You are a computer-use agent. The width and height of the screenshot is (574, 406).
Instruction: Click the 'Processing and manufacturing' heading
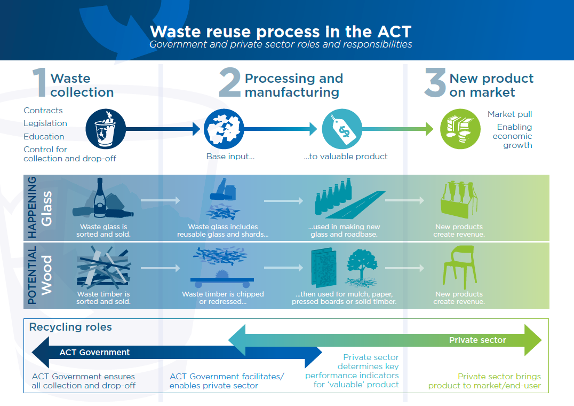(293, 85)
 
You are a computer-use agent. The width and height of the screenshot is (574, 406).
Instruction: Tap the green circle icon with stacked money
(457, 129)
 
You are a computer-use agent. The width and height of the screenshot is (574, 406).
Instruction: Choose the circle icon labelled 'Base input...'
(223, 129)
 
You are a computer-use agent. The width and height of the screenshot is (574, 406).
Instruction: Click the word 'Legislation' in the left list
(45, 123)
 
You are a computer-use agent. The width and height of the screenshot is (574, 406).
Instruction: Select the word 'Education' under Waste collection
(44, 136)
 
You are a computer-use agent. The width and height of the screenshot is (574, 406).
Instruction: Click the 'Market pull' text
(509, 114)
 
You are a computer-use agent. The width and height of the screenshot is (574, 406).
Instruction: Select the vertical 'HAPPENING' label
(32, 207)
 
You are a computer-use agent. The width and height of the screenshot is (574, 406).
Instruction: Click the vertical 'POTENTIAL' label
(32, 275)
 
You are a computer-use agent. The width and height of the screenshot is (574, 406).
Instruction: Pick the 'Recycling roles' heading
(70, 327)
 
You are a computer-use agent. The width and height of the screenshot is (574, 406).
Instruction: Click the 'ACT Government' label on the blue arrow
(94, 353)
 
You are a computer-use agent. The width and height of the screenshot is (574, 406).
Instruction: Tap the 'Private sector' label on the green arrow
(477, 340)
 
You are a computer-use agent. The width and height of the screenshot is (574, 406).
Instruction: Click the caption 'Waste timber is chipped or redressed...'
(222, 298)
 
